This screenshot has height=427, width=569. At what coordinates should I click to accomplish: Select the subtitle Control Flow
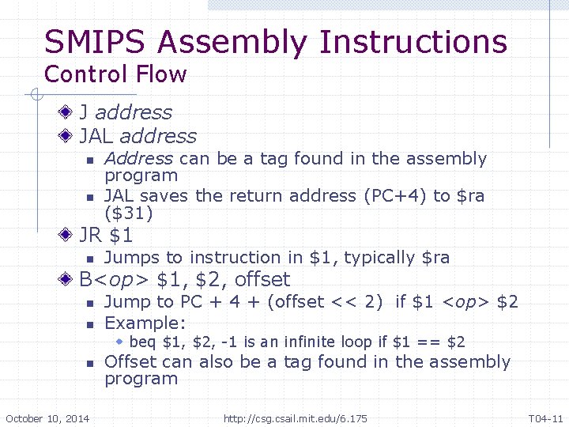pos(115,75)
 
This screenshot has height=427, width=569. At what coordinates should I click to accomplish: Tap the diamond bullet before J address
pos(70,113)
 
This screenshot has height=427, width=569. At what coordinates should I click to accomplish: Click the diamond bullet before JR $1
pos(70,236)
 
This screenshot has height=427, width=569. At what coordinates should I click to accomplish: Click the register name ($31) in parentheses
pos(129,213)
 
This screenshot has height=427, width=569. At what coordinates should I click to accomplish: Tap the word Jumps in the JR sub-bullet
pos(128,258)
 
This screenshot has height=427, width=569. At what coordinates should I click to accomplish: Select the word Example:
pos(145,323)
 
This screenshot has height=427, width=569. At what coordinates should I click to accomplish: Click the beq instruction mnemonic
pos(142,342)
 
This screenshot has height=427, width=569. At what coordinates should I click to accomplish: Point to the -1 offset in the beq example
pos(231,342)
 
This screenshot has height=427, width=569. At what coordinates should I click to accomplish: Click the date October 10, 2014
pos(47,418)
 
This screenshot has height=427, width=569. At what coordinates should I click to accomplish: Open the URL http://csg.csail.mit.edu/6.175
pos(295,418)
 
